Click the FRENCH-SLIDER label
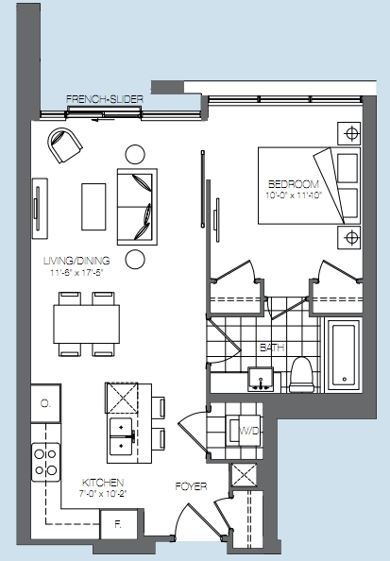pos(105,99)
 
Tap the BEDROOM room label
pos(294,184)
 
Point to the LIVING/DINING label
pos(76,261)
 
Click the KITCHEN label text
pos(103,483)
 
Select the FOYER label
pos(191,486)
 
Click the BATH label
pos(272,348)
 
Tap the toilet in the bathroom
pos(301,375)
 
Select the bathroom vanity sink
pos(261,379)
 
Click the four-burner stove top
pos(45,462)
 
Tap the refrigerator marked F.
pos(118,524)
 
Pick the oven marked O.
pos(45,403)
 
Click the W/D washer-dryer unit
pos(246,431)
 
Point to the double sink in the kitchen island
pos(122,436)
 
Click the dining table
pos(86,324)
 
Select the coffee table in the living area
pos(93,207)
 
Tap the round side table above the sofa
pos(135,154)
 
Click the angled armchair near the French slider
pos(65,144)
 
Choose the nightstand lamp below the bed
pos(348,237)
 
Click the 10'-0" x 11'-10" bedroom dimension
pos(294,195)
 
